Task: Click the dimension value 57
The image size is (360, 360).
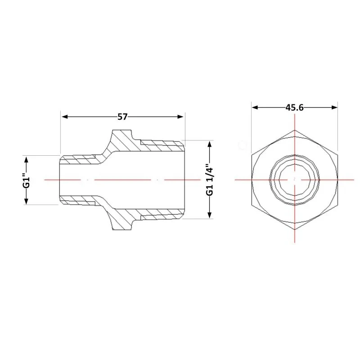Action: point(122,117)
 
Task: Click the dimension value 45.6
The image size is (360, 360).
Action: point(295,108)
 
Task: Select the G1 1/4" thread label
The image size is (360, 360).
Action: point(210,179)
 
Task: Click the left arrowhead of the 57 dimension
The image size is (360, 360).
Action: point(65,117)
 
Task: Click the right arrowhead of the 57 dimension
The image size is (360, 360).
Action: point(180,117)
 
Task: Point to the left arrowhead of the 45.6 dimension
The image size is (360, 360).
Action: point(255,108)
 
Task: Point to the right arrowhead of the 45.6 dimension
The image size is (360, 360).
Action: point(334,108)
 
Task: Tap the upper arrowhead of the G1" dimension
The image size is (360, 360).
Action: point(27,159)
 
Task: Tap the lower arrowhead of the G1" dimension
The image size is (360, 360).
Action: point(27,201)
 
